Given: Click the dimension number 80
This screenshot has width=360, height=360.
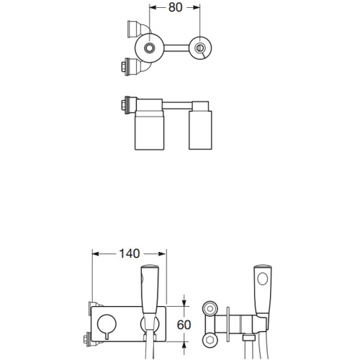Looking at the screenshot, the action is pyautogui.click(x=175, y=7).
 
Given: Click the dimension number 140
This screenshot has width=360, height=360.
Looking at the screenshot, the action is pyautogui.click(x=130, y=253).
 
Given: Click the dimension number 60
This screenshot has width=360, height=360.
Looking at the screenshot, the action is pyautogui.click(x=184, y=325).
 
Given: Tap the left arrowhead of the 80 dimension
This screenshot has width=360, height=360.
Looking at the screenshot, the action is pyautogui.click(x=153, y=8).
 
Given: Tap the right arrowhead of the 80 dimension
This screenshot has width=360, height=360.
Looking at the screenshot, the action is pyautogui.click(x=197, y=8).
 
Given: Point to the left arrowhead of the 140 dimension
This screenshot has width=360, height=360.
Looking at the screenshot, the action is pyautogui.click(x=96, y=253).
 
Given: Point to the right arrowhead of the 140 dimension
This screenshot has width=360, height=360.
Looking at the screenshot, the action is pyautogui.click(x=163, y=253).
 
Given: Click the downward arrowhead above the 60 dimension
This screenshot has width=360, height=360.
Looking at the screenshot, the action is pyautogui.click(x=184, y=302).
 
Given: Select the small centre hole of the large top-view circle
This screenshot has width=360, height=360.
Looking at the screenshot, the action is pyautogui.click(x=149, y=48).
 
